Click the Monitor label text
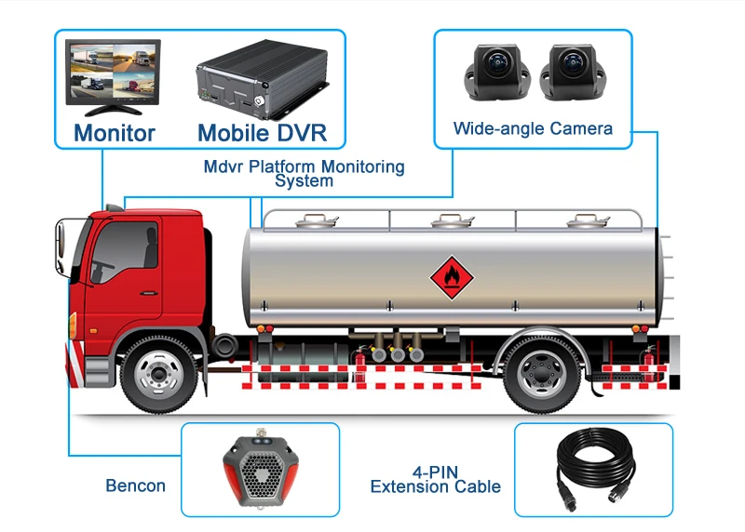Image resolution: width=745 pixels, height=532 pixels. (114, 133)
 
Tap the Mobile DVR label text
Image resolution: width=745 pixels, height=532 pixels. (262, 133)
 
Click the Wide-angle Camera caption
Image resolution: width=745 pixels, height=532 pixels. (533, 128)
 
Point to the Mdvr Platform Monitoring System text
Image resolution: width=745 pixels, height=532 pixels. (304, 174)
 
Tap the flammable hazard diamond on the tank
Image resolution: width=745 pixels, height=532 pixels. (448, 274)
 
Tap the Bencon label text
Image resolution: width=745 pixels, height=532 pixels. (135, 485)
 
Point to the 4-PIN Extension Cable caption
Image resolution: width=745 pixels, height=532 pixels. (435, 479)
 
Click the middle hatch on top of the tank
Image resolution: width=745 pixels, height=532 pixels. (443, 221)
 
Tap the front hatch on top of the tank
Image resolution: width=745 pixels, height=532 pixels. (312, 220)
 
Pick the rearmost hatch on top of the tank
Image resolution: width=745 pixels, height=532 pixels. (583, 221)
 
